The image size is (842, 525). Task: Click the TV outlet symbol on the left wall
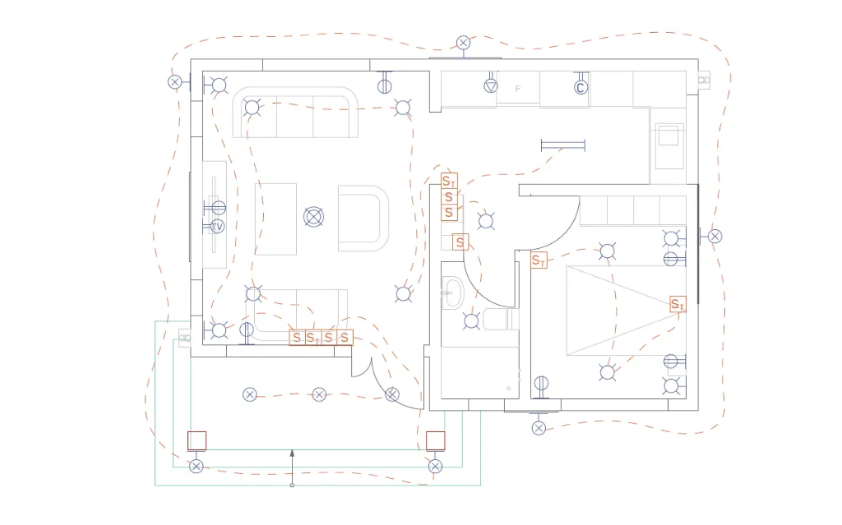(217, 226)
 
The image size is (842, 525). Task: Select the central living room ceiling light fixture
(313, 217)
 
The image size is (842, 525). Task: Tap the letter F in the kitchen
(518, 89)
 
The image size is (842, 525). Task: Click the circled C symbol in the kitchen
(581, 87)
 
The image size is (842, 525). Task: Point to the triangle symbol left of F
(491, 85)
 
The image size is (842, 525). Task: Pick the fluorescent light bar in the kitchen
(563, 145)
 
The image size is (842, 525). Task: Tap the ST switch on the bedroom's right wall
(678, 304)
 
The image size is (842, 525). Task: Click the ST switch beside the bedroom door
(539, 260)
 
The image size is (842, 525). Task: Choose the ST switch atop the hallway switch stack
(448, 181)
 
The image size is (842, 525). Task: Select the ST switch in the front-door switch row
(312, 338)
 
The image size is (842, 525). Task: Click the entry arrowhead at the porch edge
(292, 453)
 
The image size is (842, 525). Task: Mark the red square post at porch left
(197, 440)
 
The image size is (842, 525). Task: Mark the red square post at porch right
(436, 440)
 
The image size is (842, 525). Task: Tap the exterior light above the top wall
(464, 43)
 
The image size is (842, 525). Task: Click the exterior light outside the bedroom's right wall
(715, 236)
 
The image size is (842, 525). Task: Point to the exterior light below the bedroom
(539, 428)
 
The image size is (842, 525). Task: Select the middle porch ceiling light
(319, 395)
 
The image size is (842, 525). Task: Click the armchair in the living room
(362, 218)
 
